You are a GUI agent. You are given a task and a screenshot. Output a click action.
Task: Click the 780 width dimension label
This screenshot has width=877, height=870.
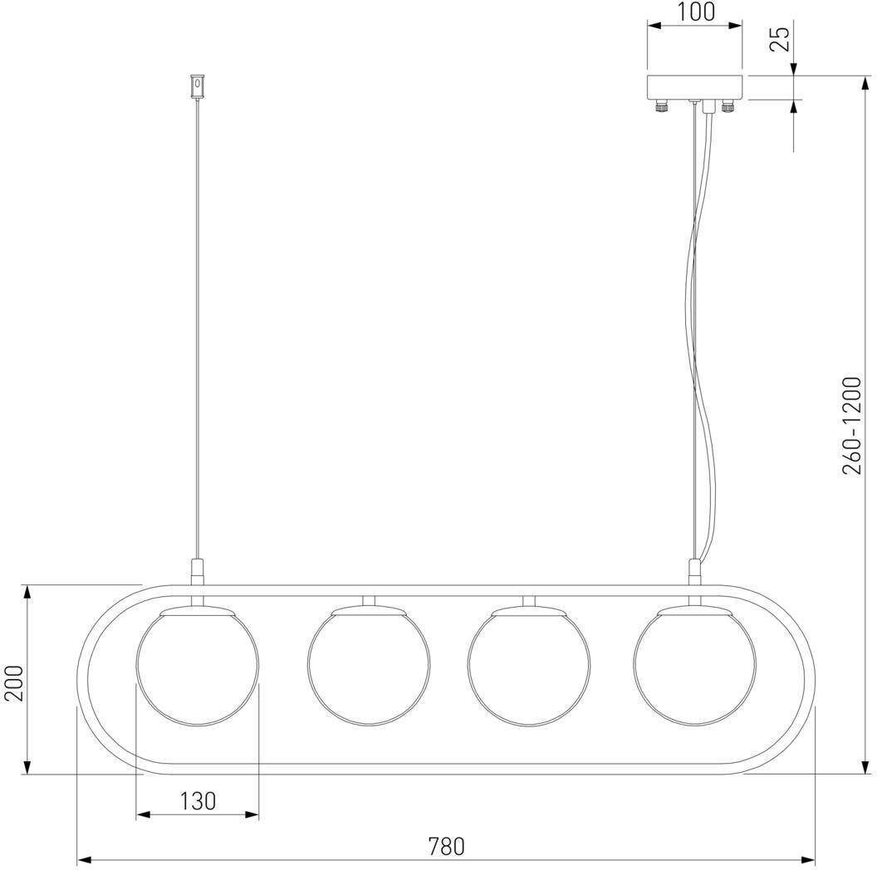pyautogui.click(x=447, y=846)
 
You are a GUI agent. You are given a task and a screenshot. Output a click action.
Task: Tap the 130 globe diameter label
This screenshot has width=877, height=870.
pyautogui.click(x=198, y=801)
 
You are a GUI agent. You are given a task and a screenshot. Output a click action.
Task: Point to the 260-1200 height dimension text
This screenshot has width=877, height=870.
pyautogui.click(x=853, y=426)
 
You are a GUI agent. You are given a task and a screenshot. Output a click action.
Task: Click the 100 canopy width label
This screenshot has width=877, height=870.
pyautogui.click(x=695, y=12)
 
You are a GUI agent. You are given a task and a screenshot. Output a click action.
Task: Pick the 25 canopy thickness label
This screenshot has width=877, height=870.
pyautogui.click(x=780, y=38)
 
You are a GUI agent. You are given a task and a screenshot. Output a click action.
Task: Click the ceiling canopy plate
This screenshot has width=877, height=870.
pyautogui.click(x=695, y=87)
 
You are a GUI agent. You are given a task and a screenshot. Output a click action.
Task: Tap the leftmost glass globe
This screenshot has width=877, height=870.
pyautogui.click(x=198, y=664)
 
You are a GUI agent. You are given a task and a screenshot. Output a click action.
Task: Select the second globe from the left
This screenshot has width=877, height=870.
pyautogui.click(x=369, y=664)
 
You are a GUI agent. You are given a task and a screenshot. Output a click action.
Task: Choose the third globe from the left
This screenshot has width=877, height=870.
pyautogui.click(x=529, y=664)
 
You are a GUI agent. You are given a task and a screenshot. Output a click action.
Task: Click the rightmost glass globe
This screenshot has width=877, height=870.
pyautogui.click(x=694, y=664)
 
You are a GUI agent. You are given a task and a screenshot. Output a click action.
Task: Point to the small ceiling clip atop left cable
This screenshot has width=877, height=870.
pyautogui.click(x=197, y=86)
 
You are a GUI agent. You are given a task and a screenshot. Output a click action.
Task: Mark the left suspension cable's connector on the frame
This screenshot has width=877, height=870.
pyautogui.click(x=198, y=571)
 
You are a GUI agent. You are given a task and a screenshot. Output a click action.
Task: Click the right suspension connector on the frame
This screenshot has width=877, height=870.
pyautogui.click(x=693, y=571)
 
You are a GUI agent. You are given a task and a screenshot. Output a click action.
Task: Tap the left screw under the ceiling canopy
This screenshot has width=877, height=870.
pyautogui.click(x=662, y=105)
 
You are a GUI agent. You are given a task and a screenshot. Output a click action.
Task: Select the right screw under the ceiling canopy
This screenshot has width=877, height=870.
pyautogui.click(x=728, y=105)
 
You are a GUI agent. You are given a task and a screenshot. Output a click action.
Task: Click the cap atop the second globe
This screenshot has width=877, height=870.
pyautogui.click(x=369, y=610)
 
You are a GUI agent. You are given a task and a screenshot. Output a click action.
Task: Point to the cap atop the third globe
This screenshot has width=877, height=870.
pyautogui.click(x=529, y=610)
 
